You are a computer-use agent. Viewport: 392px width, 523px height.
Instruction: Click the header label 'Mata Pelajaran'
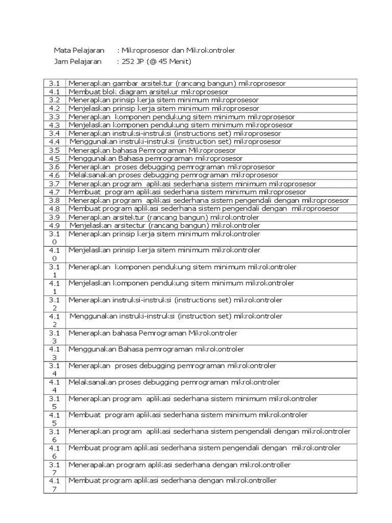(x=79, y=51)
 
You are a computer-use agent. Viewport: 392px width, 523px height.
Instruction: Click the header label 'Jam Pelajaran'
(x=78, y=62)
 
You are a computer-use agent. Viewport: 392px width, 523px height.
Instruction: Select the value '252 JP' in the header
(x=134, y=62)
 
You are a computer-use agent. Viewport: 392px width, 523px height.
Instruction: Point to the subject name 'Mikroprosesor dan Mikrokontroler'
(x=178, y=51)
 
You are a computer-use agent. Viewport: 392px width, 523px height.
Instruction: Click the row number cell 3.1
(x=55, y=83)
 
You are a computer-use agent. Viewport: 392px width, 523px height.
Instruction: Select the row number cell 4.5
(x=55, y=158)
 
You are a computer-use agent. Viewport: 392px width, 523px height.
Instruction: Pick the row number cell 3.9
(x=55, y=217)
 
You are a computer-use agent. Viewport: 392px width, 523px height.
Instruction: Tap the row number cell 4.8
(x=55, y=208)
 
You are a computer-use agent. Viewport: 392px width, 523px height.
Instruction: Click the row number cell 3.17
(x=55, y=469)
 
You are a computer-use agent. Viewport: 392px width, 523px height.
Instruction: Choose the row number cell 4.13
(x=55, y=353)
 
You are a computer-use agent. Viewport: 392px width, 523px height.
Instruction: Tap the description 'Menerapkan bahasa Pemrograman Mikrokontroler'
(x=153, y=333)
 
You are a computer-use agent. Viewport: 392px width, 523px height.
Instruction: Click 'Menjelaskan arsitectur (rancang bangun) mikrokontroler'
(x=164, y=225)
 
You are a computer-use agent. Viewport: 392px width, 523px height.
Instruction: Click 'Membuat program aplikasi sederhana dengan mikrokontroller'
(x=173, y=481)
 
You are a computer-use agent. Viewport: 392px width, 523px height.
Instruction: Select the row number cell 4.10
(x=55, y=254)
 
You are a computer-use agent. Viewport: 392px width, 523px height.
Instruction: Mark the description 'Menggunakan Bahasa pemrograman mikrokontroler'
(x=156, y=349)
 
